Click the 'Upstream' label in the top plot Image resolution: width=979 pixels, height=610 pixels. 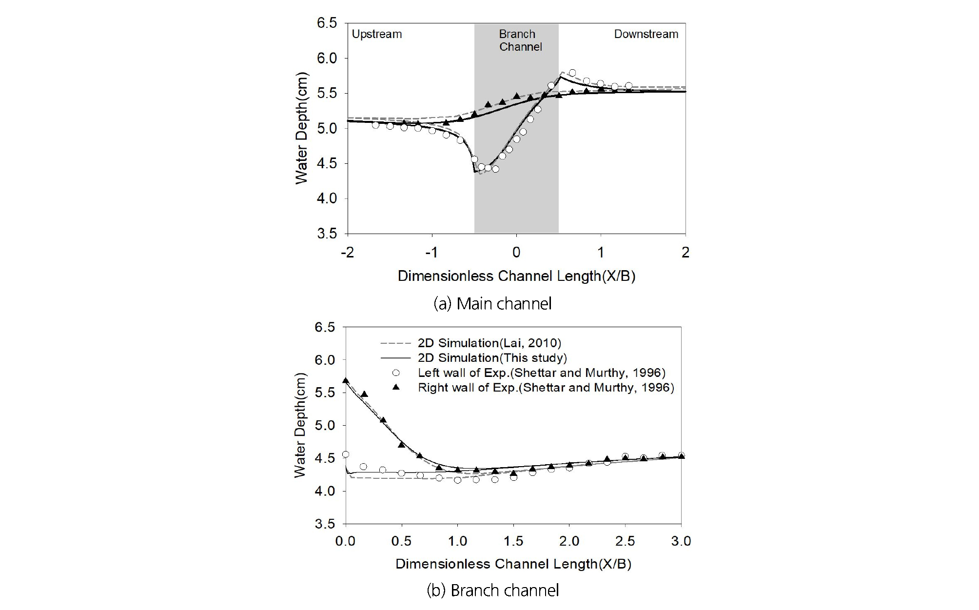click(x=377, y=34)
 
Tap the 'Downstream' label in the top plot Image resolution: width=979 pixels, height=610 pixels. click(x=646, y=34)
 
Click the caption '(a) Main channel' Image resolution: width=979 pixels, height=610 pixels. click(x=492, y=304)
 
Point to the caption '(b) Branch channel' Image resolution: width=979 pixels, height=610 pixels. click(x=492, y=590)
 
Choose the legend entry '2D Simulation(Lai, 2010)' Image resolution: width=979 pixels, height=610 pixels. click(x=489, y=343)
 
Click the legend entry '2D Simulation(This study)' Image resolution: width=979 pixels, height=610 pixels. click(x=492, y=358)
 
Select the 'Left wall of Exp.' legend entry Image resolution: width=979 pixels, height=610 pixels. click(x=541, y=373)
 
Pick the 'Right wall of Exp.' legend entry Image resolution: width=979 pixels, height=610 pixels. click(x=546, y=388)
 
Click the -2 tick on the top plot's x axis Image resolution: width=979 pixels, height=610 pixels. click(x=347, y=253)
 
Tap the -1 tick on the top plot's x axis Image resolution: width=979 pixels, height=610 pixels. click(x=431, y=253)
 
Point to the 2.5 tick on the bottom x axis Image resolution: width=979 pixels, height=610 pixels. click(x=625, y=541)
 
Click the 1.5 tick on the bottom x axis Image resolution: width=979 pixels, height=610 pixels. click(x=513, y=541)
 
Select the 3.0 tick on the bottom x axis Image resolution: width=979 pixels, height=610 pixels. click(x=681, y=541)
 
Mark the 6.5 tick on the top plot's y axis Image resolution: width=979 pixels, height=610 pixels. click(x=327, y=23)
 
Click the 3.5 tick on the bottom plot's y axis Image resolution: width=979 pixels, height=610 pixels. click(x=325, y=524)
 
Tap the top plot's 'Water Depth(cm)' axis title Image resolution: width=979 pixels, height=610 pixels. click(x=302, y=128)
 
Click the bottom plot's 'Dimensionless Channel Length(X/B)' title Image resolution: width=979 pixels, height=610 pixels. click(x=513, y=564)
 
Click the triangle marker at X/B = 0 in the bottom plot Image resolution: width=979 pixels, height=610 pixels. click(x=346, y=380)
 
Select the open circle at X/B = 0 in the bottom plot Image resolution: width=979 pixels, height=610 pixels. click(x=346, y=454)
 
